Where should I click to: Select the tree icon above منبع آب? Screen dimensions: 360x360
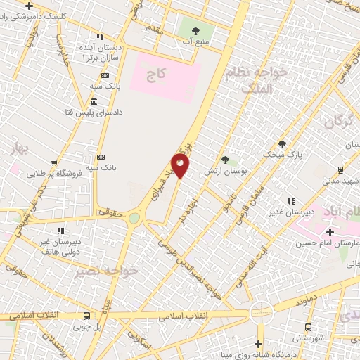click(195, 30)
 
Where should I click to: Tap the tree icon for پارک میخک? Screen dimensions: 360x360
click(283, 143)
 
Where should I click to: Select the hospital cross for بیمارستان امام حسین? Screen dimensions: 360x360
click(329, 231)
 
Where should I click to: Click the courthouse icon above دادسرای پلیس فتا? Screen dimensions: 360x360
click(94, 103)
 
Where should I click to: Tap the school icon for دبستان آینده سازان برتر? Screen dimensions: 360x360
click(100, 36)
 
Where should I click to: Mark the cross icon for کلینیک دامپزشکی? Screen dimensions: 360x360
click(28, 6)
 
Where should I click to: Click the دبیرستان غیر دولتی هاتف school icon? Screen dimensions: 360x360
click(60, 230)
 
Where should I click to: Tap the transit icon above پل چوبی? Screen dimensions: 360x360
click(86, 316)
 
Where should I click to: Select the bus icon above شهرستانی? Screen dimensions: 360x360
click(309, 327)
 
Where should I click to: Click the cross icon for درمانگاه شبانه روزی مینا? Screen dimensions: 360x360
click(258, 344)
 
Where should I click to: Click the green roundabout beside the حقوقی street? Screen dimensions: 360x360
click(134, 218)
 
